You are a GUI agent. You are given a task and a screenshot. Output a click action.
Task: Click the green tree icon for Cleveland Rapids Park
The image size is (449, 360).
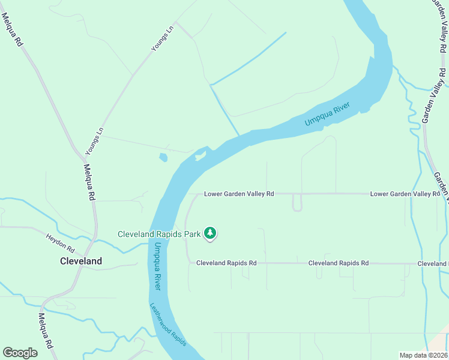click(x=210, y=233)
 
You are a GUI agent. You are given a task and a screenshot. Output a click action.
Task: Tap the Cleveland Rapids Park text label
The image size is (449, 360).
click(x=159, y=234)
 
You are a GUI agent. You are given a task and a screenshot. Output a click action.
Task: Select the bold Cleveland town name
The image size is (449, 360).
click(x=81, y=261)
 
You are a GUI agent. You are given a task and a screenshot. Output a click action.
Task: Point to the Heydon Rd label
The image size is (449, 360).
click(x=60, y=242)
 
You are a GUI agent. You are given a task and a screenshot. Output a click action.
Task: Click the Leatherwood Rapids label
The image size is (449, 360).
click(x=168, y=323)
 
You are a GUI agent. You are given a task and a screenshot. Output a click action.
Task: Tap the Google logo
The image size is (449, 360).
click(x=20, y=353)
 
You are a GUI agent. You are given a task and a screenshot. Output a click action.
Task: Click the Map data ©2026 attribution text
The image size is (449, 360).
click(x=424, y=355)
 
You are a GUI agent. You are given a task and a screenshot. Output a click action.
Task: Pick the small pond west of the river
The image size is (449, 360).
click(x=163, y=158)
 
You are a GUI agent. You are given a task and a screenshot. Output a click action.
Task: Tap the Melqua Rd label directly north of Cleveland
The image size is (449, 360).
click(x=89, y=182)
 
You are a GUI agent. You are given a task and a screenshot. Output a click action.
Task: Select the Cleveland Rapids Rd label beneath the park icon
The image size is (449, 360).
click(x=226, y=263)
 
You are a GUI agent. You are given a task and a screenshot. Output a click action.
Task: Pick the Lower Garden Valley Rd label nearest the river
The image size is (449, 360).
click(x=239, y=194)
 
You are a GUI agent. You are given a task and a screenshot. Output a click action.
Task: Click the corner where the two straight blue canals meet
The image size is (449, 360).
click(x=211, y=85)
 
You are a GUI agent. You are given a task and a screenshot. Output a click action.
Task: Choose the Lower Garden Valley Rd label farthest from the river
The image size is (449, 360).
click(x=405, y=194)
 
